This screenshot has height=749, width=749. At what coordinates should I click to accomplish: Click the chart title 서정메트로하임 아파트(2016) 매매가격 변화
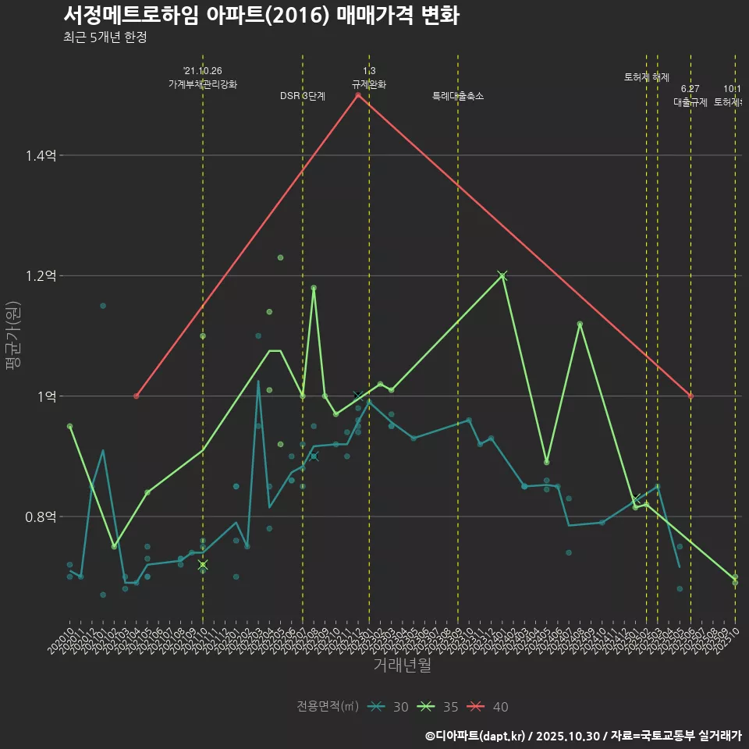tap(261, 16)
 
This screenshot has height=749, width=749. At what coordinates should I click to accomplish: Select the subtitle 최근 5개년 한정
tap(105, 37)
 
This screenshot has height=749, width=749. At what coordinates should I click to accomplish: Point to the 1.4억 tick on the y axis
tap(40, 156)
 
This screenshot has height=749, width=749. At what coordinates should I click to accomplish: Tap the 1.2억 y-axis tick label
tap(40, 276)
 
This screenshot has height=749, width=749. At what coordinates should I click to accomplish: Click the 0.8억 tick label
tap(40, 516)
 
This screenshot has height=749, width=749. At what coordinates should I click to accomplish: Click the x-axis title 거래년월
tap(402, 666)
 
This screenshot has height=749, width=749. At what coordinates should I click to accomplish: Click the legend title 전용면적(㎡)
tap(328, 707)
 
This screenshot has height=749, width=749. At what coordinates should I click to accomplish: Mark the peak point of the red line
tap(358, 95)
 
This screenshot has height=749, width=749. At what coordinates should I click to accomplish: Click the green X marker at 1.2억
tap(502, 275)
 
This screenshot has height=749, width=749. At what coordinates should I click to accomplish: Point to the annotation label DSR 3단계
tap(303, 96)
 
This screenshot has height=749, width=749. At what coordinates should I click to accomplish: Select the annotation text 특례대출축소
tap(458, 96)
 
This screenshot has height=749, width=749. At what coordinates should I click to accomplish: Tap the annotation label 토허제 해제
tap(647, 77)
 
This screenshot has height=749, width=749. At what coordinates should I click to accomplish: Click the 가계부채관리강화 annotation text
tap(203, 84)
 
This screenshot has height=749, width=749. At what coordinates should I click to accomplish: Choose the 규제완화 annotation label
tap(369, 84)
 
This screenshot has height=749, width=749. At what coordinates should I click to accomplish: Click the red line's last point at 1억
tap(690, 396)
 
